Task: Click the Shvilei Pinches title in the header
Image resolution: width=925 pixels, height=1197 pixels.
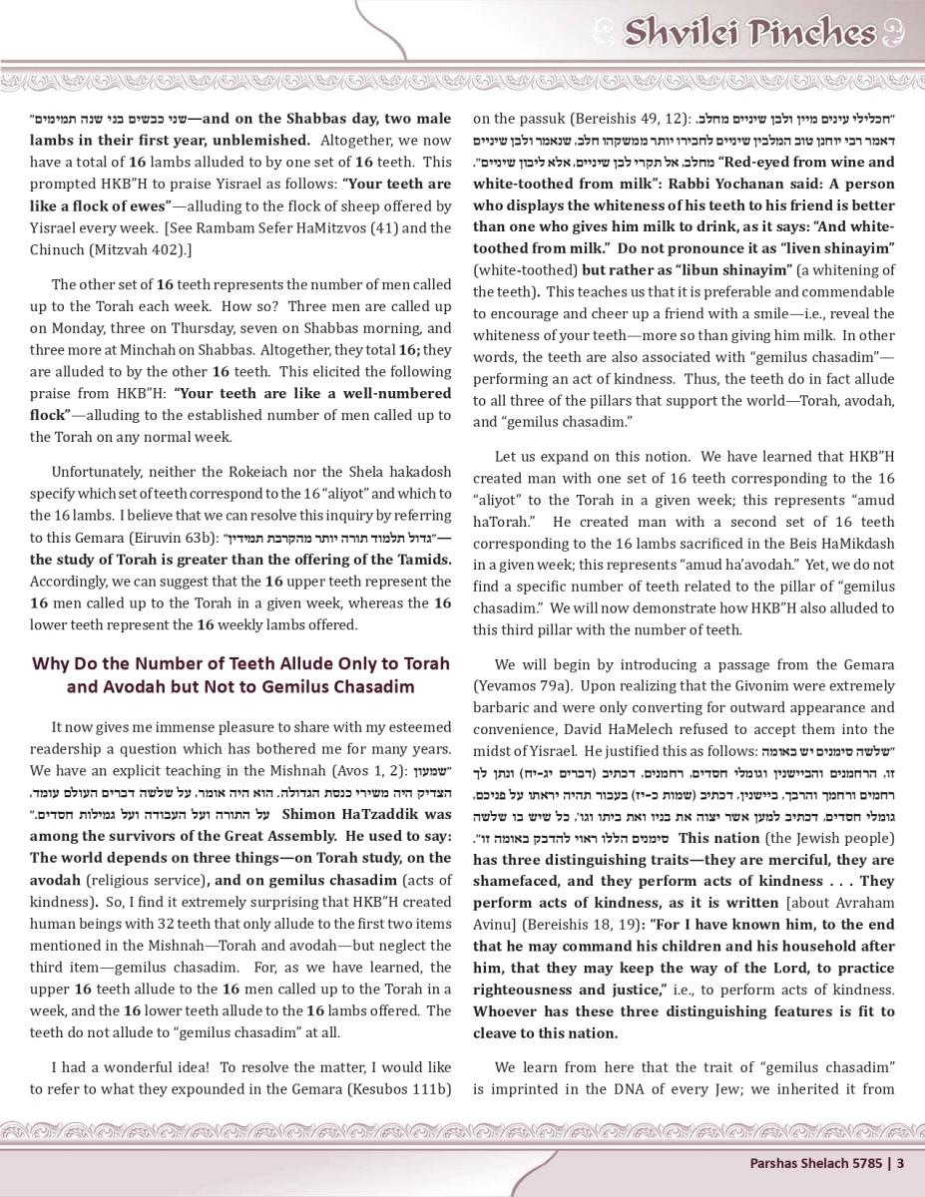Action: [x=748, y=33]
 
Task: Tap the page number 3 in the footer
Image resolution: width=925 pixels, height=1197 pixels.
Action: [x=900, y=1161]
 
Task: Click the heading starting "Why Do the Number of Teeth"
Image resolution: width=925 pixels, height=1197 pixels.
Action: [x=240, y=674]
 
